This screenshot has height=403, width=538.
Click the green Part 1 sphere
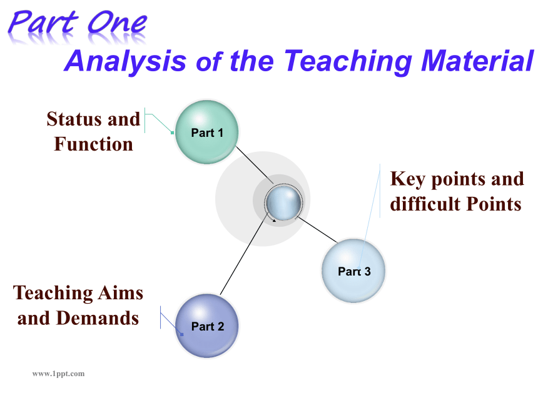[207, 132]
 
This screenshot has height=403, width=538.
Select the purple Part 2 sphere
[207, 326]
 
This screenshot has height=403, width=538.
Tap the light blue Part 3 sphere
[353, 271]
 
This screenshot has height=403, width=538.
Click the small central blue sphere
[283, 203]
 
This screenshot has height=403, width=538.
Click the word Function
[93, 144]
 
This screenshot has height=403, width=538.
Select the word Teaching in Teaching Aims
[53, 293]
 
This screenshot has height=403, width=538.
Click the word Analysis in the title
[125, 61]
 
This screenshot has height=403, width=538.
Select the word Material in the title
[477, 61]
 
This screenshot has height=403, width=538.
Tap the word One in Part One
[118, 22]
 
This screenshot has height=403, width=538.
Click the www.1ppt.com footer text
[58, 374]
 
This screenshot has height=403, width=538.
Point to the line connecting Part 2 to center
[243, 255]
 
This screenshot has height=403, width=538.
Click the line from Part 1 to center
[254, 165]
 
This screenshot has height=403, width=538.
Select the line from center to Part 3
[318, 230]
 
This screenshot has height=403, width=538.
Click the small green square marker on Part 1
[172, 132]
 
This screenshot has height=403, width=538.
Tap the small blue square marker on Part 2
[182, 334]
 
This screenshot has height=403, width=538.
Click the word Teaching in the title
[348, 62]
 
